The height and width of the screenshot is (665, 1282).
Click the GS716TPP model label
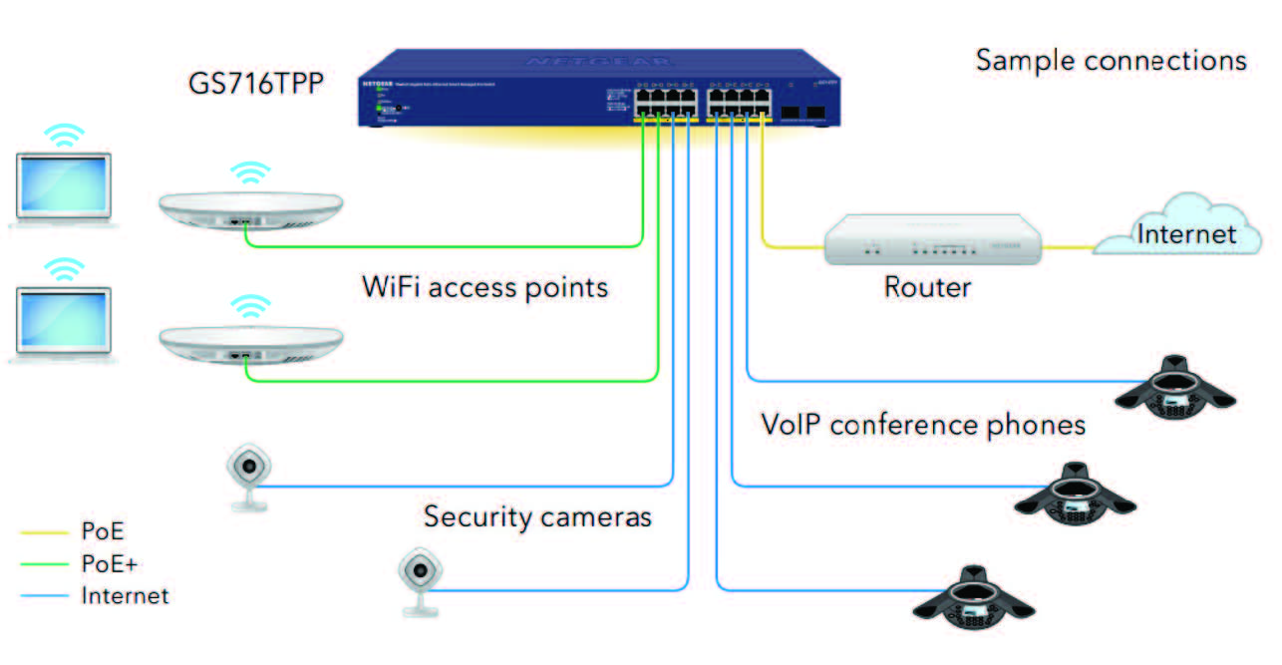tap(255, 82)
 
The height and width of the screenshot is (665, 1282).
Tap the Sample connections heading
tap(1111, 60)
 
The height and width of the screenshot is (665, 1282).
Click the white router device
tap(932, 240)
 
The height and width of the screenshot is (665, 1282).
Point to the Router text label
tap(927, 287)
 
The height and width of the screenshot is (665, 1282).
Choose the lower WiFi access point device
tap(250, 346)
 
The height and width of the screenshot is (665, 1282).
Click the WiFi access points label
tap(484, 287)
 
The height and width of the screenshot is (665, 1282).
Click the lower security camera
tap(419, 579)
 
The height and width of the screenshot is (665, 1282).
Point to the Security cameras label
tap(537, 516)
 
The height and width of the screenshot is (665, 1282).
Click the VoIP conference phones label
tap(923, 425)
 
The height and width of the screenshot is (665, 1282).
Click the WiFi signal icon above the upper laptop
tap(63, 137)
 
